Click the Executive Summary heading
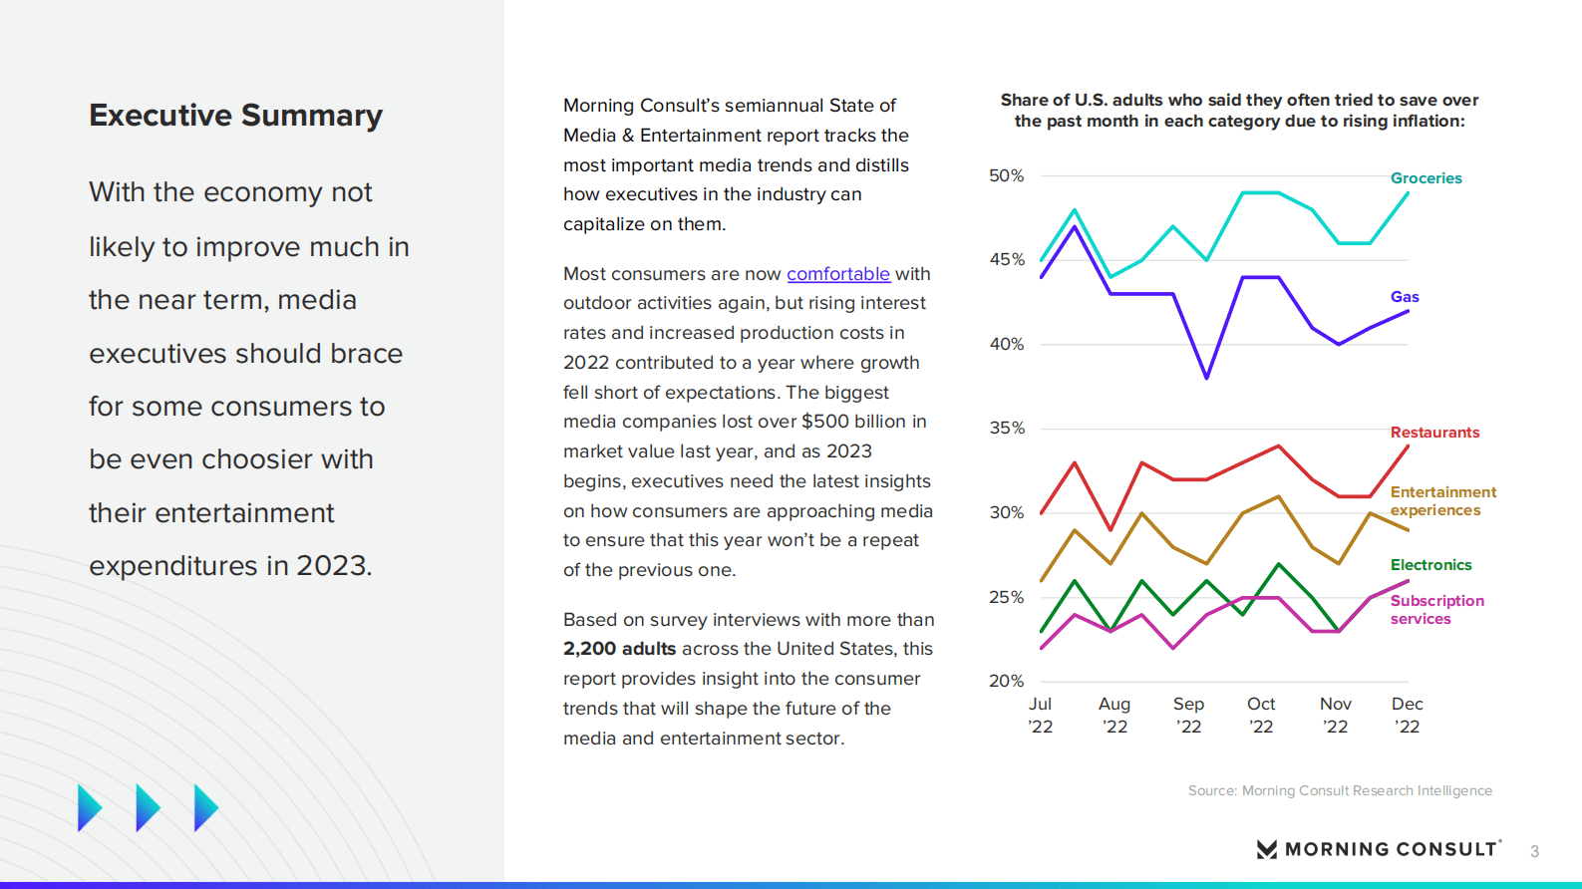235,116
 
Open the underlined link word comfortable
837,274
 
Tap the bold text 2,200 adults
619,649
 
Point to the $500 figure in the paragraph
823,422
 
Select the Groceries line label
1425,178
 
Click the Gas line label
1405,297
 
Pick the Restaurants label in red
1434,433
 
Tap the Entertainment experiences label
1442,501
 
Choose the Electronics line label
1430,565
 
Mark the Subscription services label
1436,610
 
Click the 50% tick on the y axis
1006,176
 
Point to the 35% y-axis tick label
1006,429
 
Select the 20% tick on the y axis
1006,682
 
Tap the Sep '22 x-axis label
1188,716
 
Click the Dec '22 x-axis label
1407,716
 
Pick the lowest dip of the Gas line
1207,378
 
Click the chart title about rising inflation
1239,111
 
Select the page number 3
1534,852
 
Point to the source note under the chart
1340,791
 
